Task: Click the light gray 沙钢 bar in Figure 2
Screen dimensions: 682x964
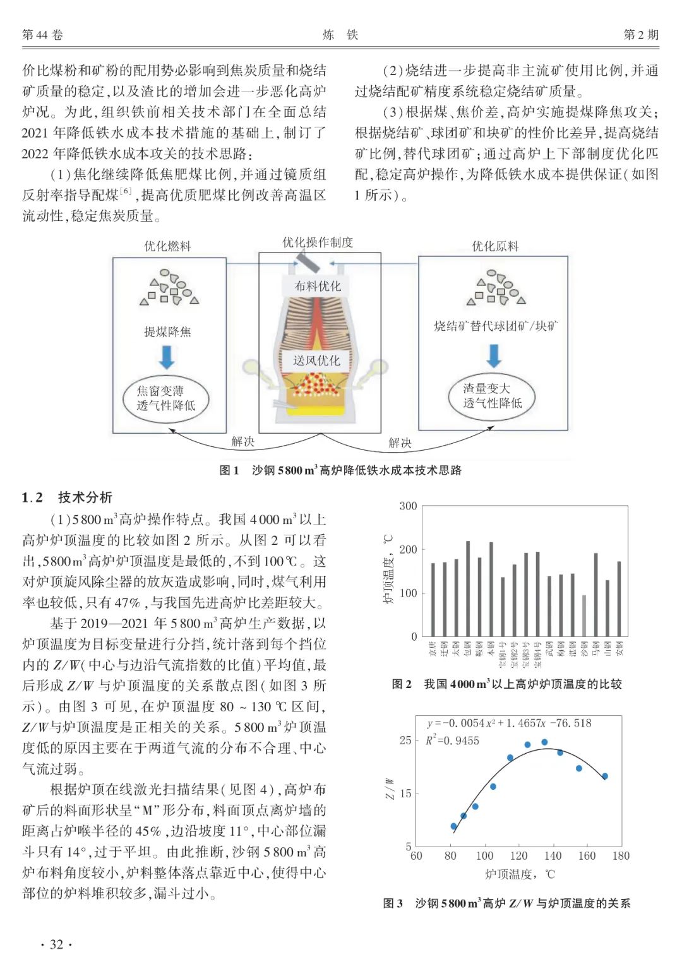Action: tap(584, 615)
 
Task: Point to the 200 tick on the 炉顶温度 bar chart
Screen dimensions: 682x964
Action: tap(408, 549)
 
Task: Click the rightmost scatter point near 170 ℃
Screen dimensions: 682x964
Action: tap(605, 777)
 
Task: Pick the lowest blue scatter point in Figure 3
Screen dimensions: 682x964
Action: tap(453, 826)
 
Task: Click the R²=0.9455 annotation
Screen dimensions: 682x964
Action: tap(452, 741)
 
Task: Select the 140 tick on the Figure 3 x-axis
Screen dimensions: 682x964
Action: tap(553, 856)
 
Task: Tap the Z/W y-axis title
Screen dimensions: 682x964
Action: tap(389, 788)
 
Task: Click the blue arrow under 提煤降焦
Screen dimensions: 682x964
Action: tap(167, 357)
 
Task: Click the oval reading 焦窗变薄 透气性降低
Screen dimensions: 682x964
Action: tap(166, 398)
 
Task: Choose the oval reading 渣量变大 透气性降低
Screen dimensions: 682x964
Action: tap(493, 396)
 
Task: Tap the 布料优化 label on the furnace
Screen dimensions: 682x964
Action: tap(318, 286)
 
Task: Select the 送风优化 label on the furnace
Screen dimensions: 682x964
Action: tap(316, 360)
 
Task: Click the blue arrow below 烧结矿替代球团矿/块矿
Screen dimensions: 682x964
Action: tap(494, 356)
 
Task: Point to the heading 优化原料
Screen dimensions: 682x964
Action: tap(495, 246)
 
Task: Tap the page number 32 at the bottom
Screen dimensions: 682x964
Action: tap(56, 944)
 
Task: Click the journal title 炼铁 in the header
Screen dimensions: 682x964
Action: tap(340, 35)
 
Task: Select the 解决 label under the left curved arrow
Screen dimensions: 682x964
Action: tap(242, 441)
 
